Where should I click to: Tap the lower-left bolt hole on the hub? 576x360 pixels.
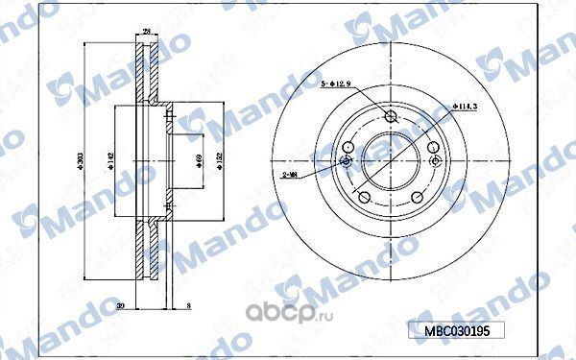click(363, 197)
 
